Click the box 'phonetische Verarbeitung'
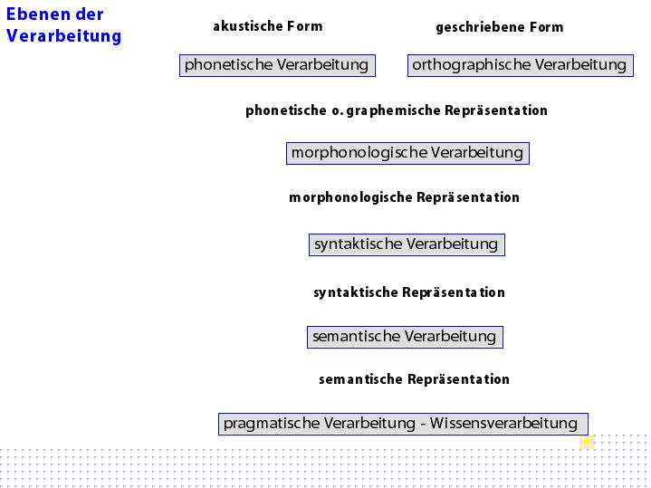pos(277,65)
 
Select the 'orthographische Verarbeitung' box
pos(521,65)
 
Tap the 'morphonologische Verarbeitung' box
pos(407,153)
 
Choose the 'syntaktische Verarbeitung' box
pos(407,244)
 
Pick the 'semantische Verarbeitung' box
pos(405,337)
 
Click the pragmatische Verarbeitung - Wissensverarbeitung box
pos(403,424)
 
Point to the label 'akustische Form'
pos(268,26)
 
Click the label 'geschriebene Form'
pos(500,27)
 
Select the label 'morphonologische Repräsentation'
pos(404,197)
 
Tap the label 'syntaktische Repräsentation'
pos(409,292)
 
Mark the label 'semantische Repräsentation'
pos(414,379)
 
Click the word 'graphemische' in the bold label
pos(393,110)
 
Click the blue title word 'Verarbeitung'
pos(64,36)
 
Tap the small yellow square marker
pos(586,442)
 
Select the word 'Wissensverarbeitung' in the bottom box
pos(503,423)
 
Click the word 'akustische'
pos(248,26)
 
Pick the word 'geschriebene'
pos(474,27)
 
